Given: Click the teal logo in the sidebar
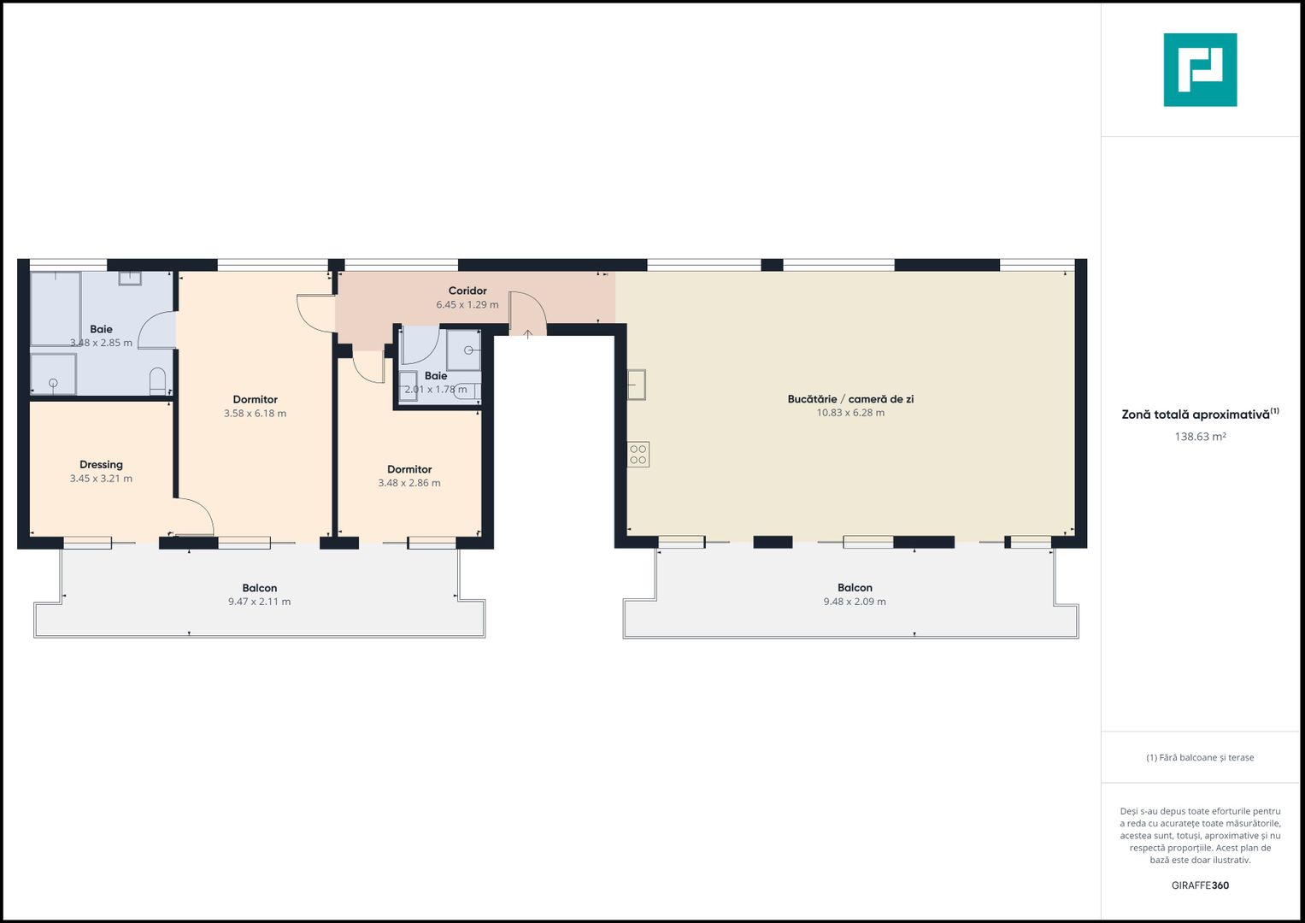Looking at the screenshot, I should tap(1200, 70).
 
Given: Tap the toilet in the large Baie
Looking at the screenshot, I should tap(157, 381).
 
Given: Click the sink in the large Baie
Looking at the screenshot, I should tap(130, 278).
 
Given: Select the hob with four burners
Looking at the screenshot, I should tap(638, 455).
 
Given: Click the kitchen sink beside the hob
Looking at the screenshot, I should tap(637, 385).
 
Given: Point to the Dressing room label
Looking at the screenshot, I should tap(101, 465).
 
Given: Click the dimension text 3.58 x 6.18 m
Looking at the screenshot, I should tap(255, 414).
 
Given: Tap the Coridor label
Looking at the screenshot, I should tap(467, 291).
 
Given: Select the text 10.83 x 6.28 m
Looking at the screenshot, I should tap(850, 413).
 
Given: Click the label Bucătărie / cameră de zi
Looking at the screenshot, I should tap(850, 399).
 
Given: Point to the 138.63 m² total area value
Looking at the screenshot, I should tap(1200, 437).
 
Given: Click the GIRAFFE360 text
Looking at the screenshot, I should tap(1200, 885).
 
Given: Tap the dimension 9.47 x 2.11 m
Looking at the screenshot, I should tap(259, 602).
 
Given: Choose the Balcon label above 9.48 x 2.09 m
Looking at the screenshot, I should tap(855, 588).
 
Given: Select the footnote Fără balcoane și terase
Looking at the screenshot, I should tap(1200, 758).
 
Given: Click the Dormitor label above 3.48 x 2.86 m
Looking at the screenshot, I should tap(409, 469).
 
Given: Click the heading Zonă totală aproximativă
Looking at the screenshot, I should tap(1196, 414).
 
